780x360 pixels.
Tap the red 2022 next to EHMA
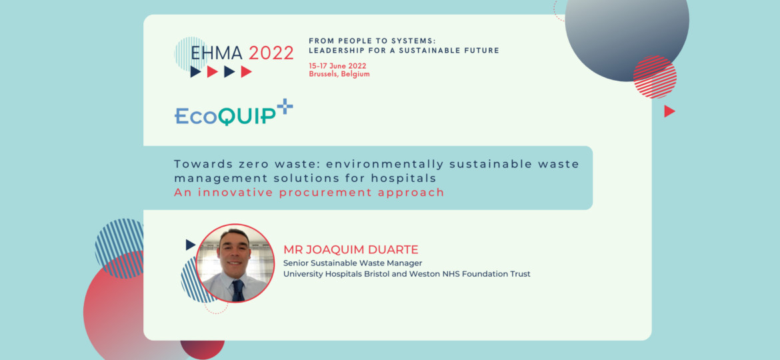click(271, 53)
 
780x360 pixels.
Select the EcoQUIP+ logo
click(233, 114)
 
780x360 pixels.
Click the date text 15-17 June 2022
click(337, 65)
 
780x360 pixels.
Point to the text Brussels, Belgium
click(339, 74)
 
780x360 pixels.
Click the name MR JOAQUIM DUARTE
click(351, 250)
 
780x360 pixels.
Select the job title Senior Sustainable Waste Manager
click(353, 263)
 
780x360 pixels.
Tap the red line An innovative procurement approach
click(309, 193)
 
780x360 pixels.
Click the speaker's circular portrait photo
click(235, 263)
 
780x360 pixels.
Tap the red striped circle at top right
click(655, 77)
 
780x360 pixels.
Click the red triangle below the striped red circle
click(669, 111)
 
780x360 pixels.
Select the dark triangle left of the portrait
click(190, 245)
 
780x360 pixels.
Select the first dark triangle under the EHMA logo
click(195, 72)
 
